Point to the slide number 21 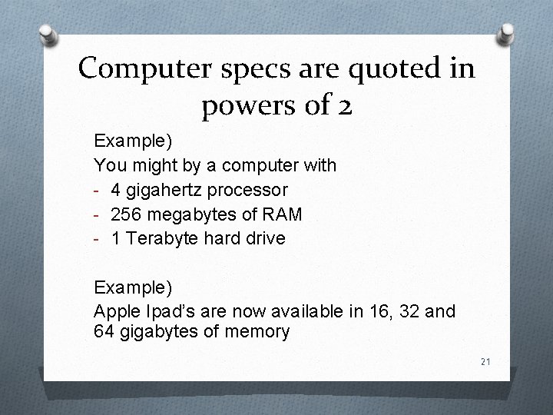(485, 362)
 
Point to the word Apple (115, 312)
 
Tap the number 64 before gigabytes (103, 332)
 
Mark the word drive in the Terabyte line (263, 238)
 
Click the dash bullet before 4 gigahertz (98, 189)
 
